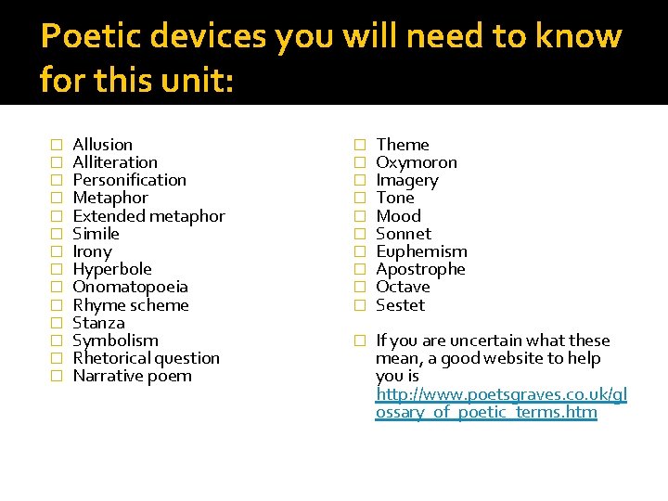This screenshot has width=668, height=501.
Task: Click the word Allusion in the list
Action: [102, 145]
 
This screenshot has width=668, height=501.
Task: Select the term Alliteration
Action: [115, 162]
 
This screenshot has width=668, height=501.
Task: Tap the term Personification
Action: [129, 180]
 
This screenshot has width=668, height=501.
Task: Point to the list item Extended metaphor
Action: [148, 216]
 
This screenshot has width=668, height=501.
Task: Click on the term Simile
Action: [96, 234]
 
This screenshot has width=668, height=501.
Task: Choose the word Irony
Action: [92, 251]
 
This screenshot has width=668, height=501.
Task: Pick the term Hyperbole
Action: [111, 269]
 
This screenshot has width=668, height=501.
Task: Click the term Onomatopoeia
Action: [130, 287]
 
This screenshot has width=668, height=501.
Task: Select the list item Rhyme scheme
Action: [130, 305]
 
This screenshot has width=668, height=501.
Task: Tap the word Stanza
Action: [98, 323]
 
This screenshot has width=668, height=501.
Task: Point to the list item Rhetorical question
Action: [146, 358]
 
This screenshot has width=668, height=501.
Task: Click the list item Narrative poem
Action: [132, 376]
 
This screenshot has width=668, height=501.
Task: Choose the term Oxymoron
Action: [416, 162]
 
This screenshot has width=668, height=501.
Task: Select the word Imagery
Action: [406, 180]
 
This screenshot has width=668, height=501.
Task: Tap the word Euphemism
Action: [421, 251]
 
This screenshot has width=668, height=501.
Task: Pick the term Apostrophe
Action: [420, 269]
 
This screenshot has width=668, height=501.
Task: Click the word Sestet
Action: [400, 305]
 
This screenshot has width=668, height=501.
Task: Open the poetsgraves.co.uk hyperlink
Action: [501, 404]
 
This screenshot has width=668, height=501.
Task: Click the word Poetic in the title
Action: [89, 37]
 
